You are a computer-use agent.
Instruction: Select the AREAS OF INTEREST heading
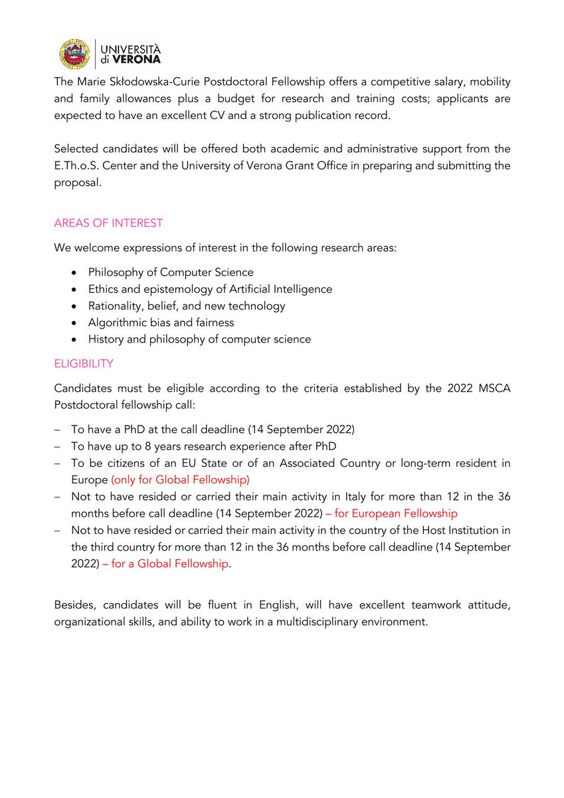point(108,223)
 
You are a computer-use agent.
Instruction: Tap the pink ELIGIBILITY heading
point(84,364)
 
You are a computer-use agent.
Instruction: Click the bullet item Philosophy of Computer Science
point(171,272)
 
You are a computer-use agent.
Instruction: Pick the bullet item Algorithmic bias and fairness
point(161,323)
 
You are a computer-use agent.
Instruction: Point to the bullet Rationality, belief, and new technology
point(187,306)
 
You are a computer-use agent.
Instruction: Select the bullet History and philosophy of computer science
point(199,339)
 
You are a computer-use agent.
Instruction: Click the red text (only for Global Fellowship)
point(180,479)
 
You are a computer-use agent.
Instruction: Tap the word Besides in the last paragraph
point(74,606)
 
